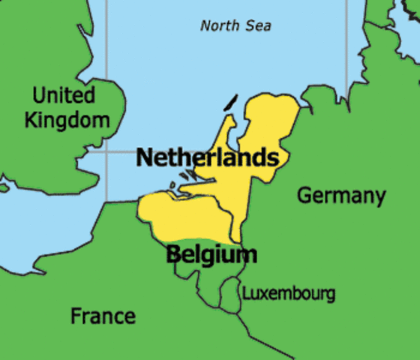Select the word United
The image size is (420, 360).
click(x=64, y=95)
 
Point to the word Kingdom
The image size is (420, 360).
click(x=67, y=119)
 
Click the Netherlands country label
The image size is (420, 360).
click(x=208, y=158)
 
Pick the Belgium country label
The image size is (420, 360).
click(x=211, y=254)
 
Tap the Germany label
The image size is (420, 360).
click(x=341, y=196)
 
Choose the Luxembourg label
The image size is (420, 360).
click(x=288, y=293)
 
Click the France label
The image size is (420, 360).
click(x=103, y=316)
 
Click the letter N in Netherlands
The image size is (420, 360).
click(x=145, y=158)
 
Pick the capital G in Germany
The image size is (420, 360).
click(x=304, y=196)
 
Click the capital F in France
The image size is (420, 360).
click(x=76, y=316)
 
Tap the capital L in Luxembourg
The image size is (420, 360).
click(x=245, y=293)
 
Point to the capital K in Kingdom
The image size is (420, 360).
click(x=31, y=119)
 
